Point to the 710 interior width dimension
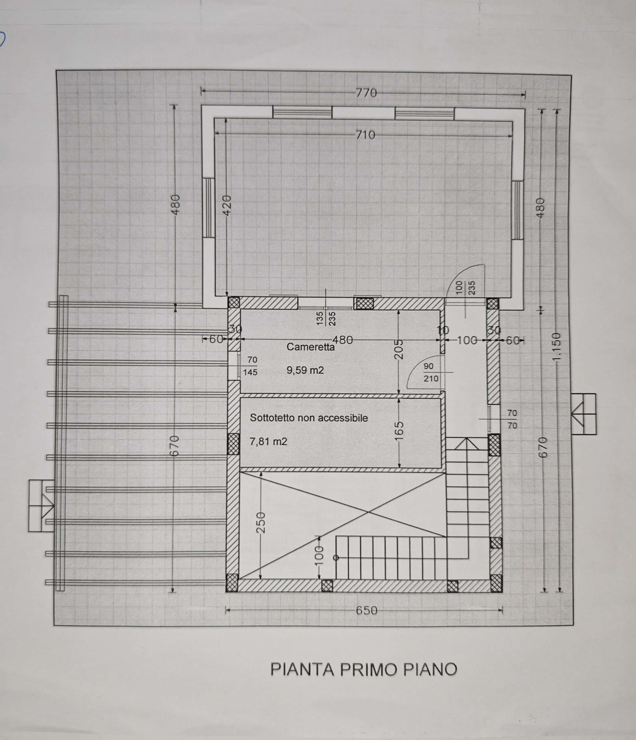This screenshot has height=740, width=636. pos(365,135)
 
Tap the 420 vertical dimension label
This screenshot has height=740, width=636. pos(227,205)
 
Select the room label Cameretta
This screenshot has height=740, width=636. pos(310,347)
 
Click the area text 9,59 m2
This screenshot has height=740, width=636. pos(305,370)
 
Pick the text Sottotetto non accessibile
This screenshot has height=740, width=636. pos(309,418)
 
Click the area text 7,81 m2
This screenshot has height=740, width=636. pos(268,442)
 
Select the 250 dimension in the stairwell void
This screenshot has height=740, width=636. pos(261,523)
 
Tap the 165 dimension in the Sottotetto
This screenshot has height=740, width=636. pos(399,430)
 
